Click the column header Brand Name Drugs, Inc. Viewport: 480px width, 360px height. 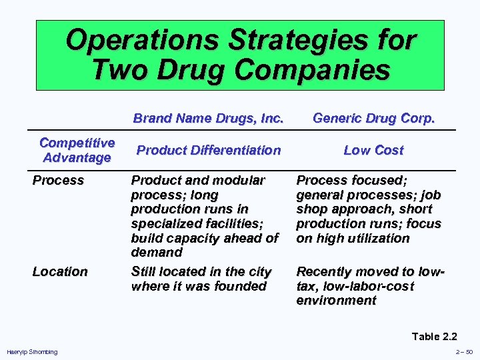(x=209, y=119)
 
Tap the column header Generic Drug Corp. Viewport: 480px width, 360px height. (x=373, y=119)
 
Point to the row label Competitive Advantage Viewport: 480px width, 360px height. (x=77, y=150)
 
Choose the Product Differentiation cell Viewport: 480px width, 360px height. (x=209, y=150)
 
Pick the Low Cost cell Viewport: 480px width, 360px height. (x=373, y=150)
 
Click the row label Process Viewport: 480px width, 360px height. (x=59, y=180)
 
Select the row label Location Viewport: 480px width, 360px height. (x=60, y=271)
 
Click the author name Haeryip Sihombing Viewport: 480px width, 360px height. (x=32, y=351)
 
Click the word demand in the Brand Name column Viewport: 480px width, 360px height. (x=157, y=252)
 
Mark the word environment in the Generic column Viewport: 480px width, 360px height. (x=336, y=300)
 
